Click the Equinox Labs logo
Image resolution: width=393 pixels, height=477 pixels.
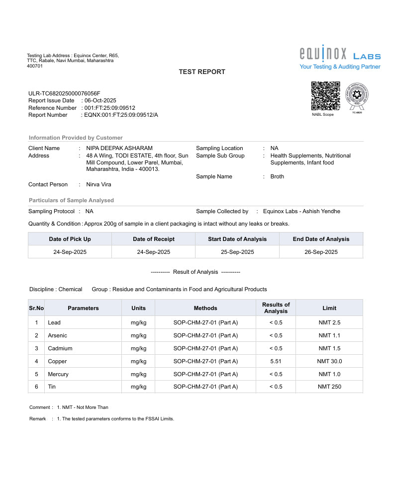tap(340, 53)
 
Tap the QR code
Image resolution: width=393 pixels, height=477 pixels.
tap(326, 96)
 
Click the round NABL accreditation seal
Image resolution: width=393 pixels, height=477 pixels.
tap(357, 96)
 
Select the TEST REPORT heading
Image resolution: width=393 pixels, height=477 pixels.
tap(202, 72)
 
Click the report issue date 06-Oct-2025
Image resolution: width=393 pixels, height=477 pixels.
tap(100, 100)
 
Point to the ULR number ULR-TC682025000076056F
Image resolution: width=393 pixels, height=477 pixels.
tap(64, 93)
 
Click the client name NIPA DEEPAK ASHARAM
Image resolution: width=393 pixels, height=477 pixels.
tap(119, 148)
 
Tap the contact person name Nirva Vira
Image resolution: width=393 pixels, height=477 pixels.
tap(99, 184)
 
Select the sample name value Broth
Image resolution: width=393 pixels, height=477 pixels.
tap(277, 176)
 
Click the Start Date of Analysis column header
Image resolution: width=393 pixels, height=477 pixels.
tap(237, 239)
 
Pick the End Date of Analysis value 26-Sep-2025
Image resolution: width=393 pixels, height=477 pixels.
tap(321, 252)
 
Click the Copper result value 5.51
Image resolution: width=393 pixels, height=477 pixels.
tap(276, 361)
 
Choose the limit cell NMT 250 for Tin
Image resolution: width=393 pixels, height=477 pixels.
tap(329, 387)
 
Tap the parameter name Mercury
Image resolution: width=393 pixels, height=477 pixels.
tap(58, 374)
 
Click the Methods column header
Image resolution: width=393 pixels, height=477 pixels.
tap(205, 308)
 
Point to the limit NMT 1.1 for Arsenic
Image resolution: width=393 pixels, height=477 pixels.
tap(329, 335)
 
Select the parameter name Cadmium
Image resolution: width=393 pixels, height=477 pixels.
tap(60, 348)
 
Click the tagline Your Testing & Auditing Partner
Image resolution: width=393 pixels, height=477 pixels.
tap(340, 67)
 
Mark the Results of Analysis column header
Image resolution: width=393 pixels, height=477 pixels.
tap(276, 308)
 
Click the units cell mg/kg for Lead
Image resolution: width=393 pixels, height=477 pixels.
tap(138, 322)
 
